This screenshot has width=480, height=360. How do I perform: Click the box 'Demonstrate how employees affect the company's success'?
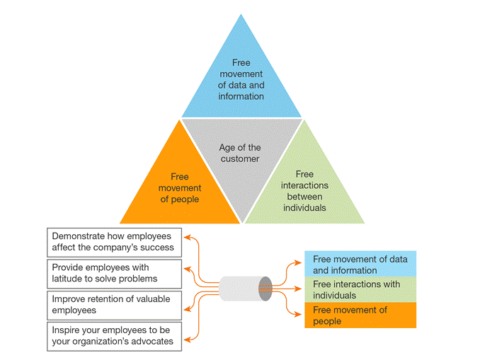tap(113, 242)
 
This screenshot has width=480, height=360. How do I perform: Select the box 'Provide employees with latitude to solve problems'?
tap(113, 273)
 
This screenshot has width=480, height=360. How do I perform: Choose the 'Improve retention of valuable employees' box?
tap(113, 304)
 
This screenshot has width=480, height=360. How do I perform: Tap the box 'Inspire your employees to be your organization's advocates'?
tap(113, 336)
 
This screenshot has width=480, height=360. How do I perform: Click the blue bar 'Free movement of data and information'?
tap(360, 265)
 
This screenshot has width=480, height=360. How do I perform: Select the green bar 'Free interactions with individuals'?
tap(360, 289)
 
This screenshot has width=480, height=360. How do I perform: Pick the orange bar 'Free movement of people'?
tap(360, 315)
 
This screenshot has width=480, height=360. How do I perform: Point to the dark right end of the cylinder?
tap(265, 289)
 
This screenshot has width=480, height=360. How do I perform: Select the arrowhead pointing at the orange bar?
tap(300, 313)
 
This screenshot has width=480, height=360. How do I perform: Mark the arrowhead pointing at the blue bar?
tap(300, 262)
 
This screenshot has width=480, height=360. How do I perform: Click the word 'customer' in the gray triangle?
tap(240, 158)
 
